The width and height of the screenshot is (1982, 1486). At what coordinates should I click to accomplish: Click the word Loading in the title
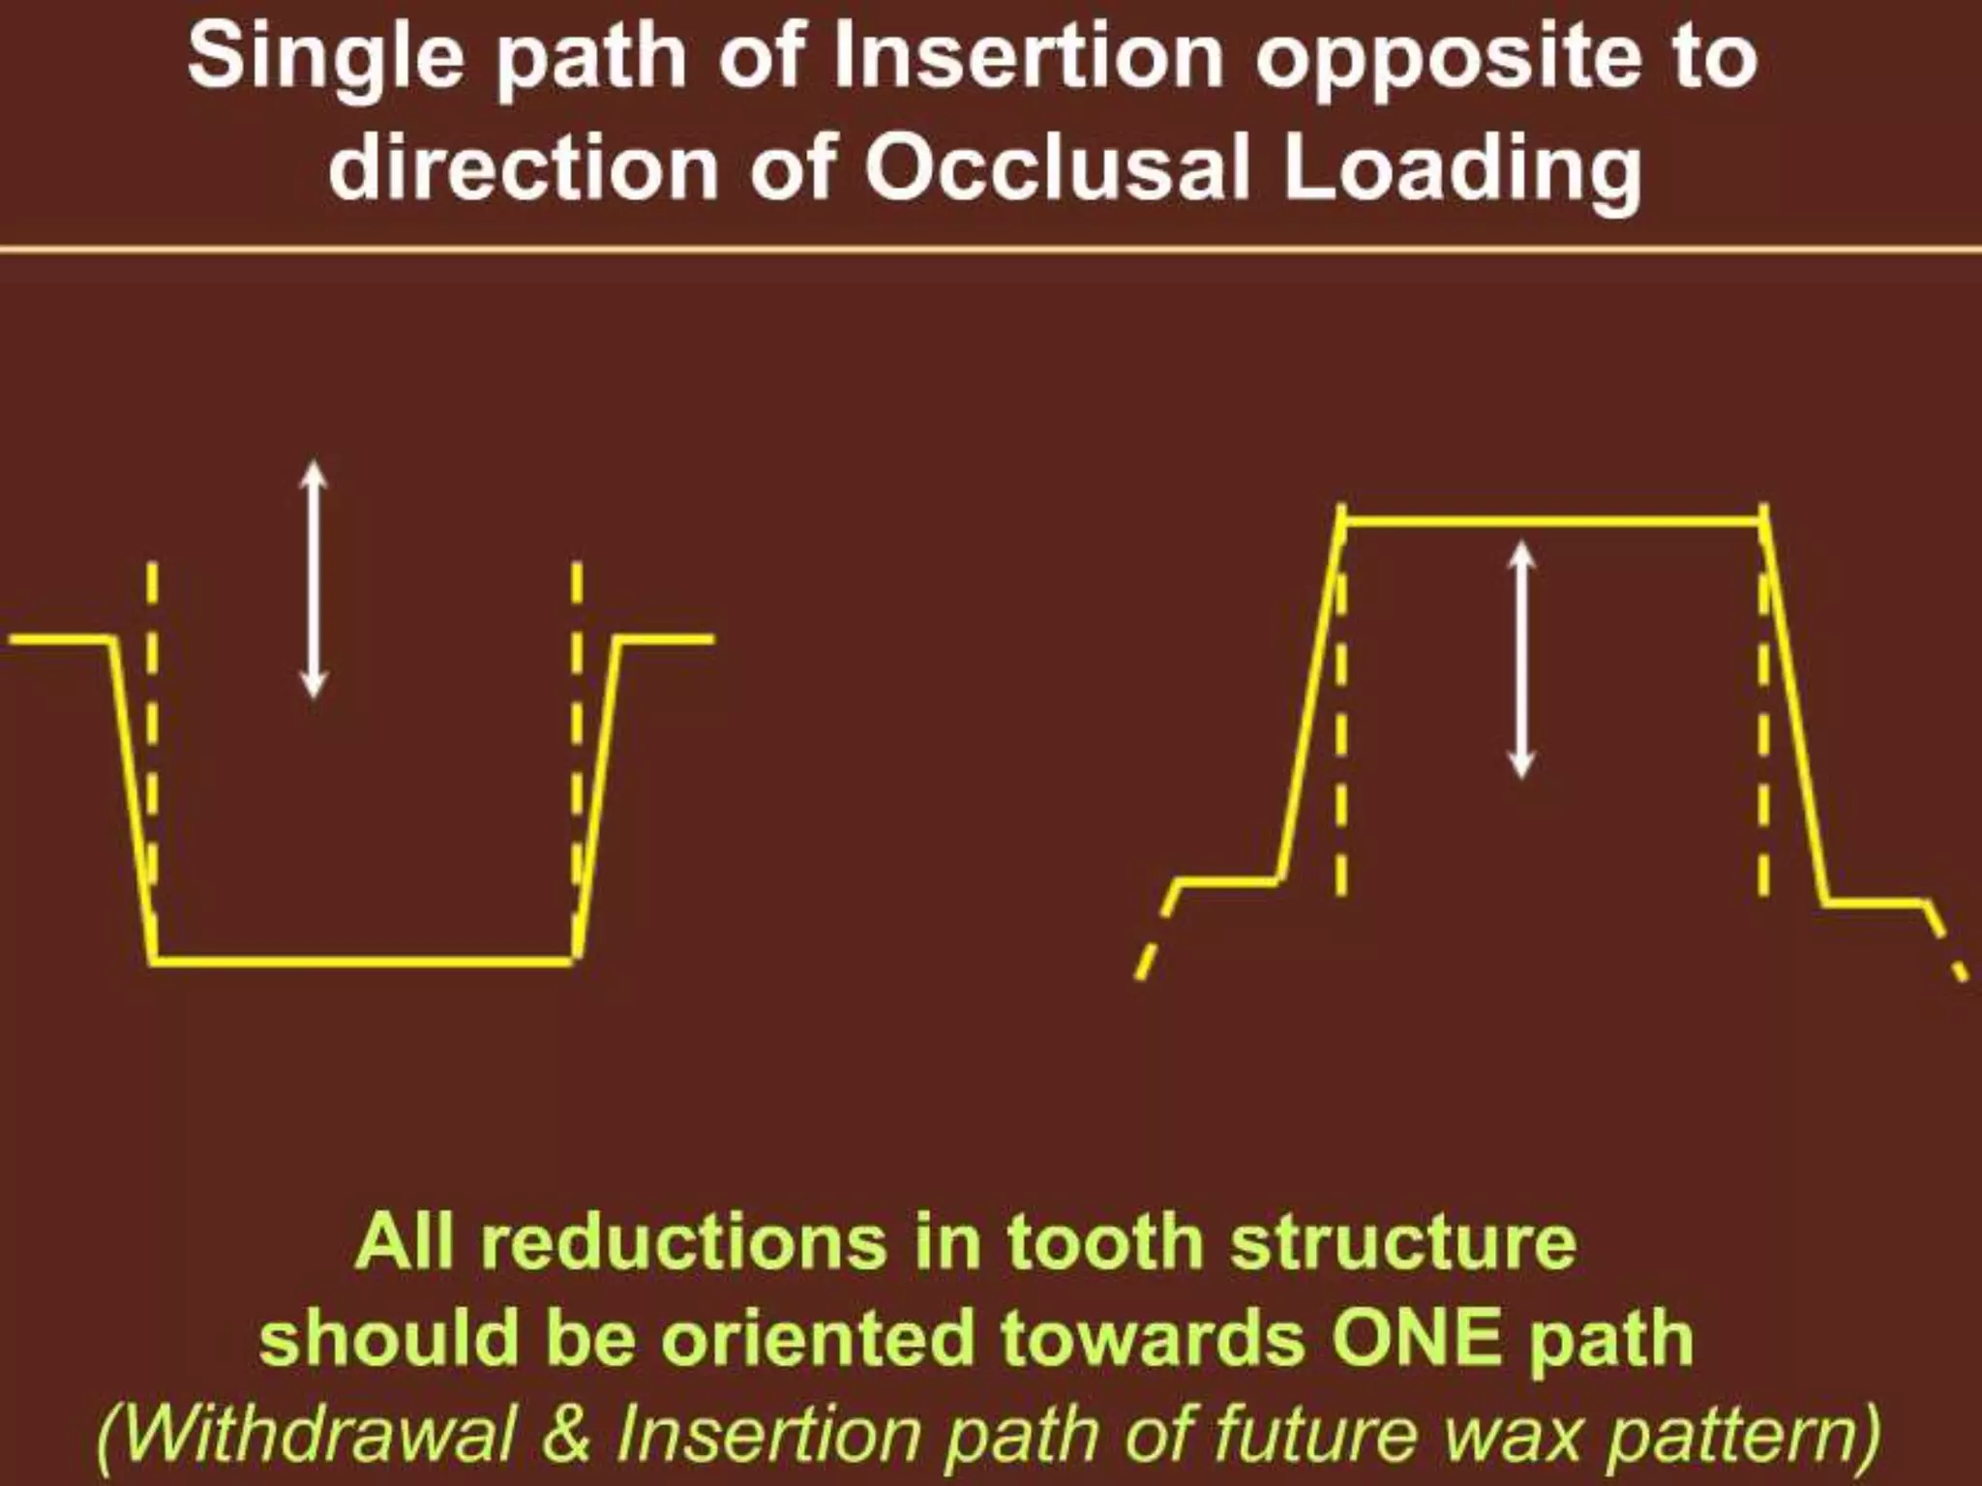[x=1462, y=172]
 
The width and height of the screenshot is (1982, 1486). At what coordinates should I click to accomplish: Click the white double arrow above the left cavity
[x=313, y=579]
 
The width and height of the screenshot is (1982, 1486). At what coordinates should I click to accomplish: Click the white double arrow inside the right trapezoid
[x=1522, y=659]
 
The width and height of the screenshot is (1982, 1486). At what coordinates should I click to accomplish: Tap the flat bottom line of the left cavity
[x=363, y=961]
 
